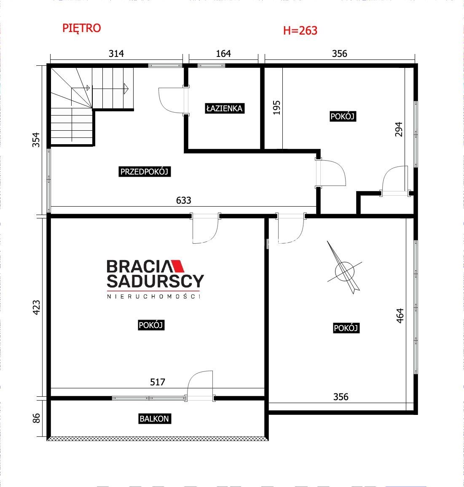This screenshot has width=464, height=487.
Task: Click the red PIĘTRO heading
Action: click(x=82, y=28)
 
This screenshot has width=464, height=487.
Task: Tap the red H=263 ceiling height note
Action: click(x=300, y=30)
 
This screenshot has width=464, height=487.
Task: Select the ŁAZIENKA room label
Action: click(x=224, y=108)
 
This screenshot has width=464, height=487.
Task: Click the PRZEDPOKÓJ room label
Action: click(x=144, y=172)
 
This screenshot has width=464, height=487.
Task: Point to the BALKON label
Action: click(x=154, y=419)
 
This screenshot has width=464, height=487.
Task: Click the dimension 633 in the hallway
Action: click(x=183, y=200)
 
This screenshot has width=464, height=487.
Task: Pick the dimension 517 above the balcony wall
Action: click(x=158, y=382)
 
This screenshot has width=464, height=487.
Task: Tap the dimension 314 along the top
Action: click(x=116, y=54)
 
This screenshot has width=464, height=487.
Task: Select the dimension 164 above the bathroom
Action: click(x=223, y=54)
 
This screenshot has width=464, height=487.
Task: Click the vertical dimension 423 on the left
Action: click(x=36, y=307)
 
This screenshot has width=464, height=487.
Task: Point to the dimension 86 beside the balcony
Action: click(x=36, y=418)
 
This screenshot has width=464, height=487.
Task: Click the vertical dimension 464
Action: click(x=400, y=315)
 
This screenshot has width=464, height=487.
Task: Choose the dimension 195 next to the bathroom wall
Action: click(x=276, y=108)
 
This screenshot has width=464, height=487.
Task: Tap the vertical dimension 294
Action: click(x=399, y=129)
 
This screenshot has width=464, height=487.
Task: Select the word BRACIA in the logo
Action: click(x=138, y=266)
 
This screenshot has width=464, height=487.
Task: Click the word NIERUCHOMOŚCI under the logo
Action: click(x=154, y=296)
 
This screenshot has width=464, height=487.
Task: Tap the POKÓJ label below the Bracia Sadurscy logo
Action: click(x=151, y=325)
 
